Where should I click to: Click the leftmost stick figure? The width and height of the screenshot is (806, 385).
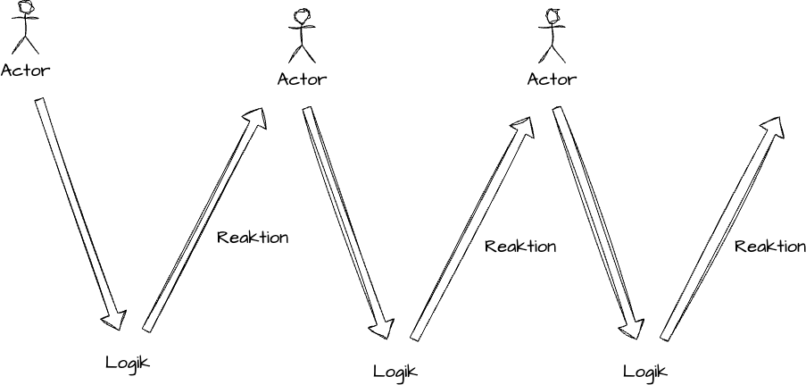click(x=27, y=29)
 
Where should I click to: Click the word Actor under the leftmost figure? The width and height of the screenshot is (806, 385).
click(x=26, y=70)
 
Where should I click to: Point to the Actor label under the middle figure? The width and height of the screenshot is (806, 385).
click(x=302, y=79)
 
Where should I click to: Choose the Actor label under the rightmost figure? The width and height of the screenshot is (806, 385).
click(x=552, y=79)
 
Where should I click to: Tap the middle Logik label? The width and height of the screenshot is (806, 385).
click(x=395, y=371)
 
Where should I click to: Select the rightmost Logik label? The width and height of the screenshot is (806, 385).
click(x=644, y=371)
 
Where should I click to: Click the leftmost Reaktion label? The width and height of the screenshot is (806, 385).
click(x=253, y=238)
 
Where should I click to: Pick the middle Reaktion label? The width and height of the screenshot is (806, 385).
click(x=520, y=247)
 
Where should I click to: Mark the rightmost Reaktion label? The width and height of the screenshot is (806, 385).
click(x=769, y=247)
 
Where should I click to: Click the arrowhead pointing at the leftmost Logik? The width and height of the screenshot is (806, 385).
click(x=115, y=318)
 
